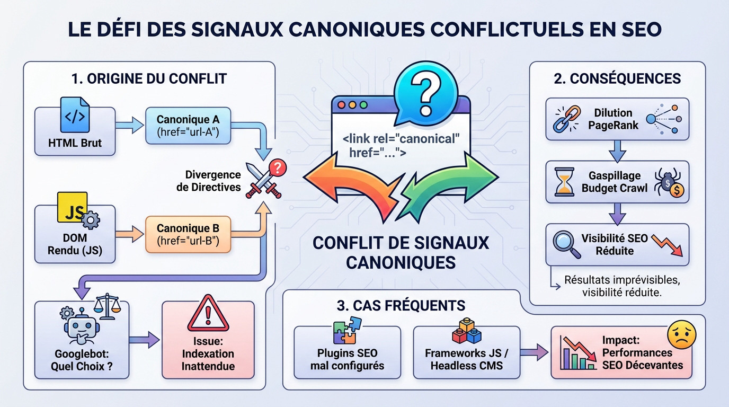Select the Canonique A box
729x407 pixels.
pos(188,126)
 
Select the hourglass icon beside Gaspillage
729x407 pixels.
pos(564,182)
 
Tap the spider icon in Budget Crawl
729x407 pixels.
pos(669,182)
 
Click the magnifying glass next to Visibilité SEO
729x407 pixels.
pos(564,243)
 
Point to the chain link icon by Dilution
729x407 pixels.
pos(564,119)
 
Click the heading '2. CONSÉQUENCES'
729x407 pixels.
pos(617,79)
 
